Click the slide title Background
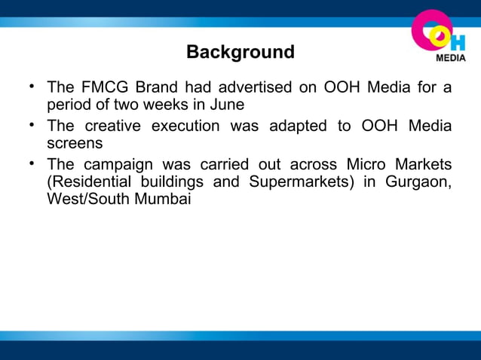tap(240, 53)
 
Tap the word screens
tap(75, 143)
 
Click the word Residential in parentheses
tap(90, 182)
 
